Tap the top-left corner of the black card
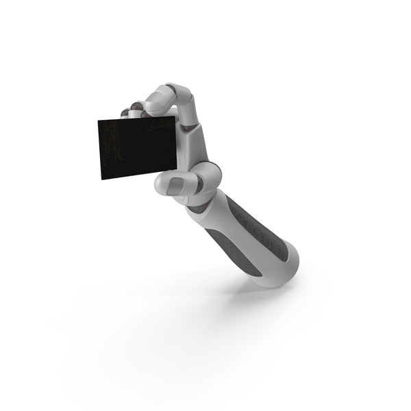tap(98, 121)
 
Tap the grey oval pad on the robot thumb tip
tap(177, 182)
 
